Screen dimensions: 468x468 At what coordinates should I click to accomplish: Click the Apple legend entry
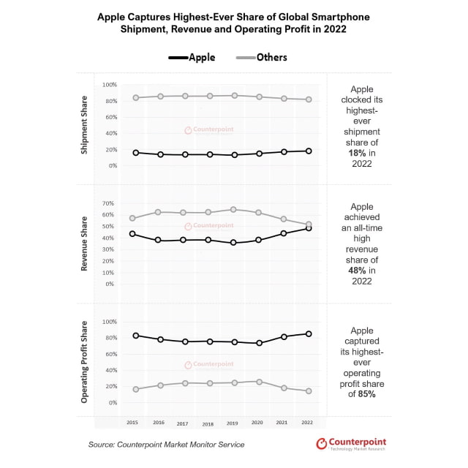click(x=192, y=57)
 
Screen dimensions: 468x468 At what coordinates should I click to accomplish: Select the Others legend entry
click(x=262, y=57)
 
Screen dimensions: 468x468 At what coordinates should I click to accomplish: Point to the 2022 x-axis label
click(x=308, y=423)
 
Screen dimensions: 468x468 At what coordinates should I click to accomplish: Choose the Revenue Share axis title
click(x=85, y=244)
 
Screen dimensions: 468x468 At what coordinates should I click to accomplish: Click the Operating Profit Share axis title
click(x=85, y=361)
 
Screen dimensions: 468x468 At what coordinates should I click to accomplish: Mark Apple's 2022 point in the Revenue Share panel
click(x=309, y=228)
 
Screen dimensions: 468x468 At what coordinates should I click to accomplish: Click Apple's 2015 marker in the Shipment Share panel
click(x=136, y=153)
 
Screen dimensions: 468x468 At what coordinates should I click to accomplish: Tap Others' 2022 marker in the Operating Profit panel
click(x=309, y=391)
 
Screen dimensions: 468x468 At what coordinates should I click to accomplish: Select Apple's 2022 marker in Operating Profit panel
click(x=309, y=333)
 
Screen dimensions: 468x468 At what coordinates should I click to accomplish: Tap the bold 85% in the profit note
click(x=366, y=394)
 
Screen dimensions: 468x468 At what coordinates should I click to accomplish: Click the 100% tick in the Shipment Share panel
click(x=110, y=85)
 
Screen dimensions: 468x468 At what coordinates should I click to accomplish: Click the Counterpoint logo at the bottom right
click(x=351, y=444)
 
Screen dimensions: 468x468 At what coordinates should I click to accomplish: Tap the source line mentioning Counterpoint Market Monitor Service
click(x=167, y=445)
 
